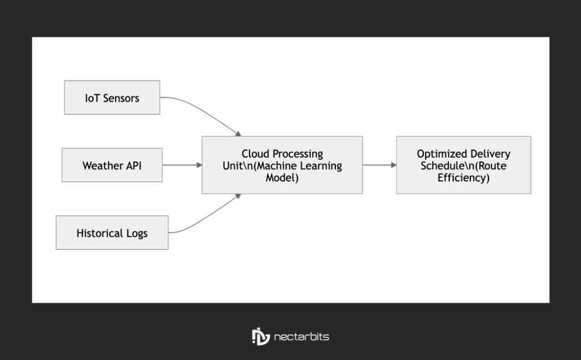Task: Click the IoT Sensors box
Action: coord(112,98)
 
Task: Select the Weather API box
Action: coord(112,165)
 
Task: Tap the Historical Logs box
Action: coord(112,233)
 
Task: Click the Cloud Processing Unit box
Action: coord(282,165)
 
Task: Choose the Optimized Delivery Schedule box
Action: coord(463,165)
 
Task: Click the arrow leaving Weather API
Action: coord(182,165)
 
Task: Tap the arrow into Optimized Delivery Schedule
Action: coord(379,165)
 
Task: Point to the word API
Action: coord(133,166)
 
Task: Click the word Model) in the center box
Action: coord(282,178)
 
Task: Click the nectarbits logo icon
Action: coord(260,336)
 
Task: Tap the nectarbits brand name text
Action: coord(301,337)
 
